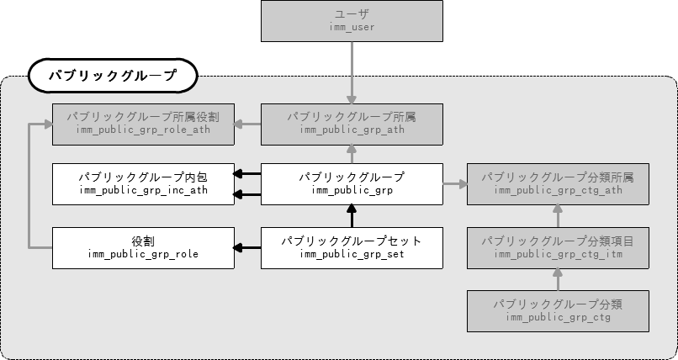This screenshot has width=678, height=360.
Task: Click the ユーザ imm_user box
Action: click(x=352, y=21)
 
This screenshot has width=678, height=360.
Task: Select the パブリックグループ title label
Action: click(x=113, y=76)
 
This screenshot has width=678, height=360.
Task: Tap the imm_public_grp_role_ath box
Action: click(x=142, y=123)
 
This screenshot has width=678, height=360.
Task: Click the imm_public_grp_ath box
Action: click(x=352, y=123)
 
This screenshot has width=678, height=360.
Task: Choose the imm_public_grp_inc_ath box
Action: click(x=142, y=184)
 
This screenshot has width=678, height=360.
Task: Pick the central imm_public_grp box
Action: click(x=352, y=184)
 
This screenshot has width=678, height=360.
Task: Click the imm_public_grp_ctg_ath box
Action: click(x=559, y=184)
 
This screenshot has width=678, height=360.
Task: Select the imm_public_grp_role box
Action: click(x=142, y=247)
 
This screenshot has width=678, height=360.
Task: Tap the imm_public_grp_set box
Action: click(x=352, y=247)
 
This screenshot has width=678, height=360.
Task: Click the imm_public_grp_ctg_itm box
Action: click(x=559, y=247)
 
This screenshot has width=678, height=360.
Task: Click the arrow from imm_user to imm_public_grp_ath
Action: click(x=352, y=71)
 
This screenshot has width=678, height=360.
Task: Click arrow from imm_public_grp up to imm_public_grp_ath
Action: click(x=352, y=153)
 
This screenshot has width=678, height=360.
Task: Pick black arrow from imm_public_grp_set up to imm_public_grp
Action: click(x=352, y=216)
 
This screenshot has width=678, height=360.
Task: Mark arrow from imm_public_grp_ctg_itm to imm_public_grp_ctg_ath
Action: click(x=559, y=216)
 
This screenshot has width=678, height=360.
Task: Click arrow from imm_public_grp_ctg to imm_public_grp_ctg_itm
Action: click(x=559, y=278)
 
